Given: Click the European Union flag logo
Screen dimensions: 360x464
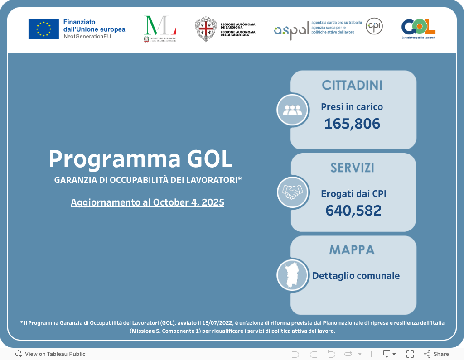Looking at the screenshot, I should pos(43,29).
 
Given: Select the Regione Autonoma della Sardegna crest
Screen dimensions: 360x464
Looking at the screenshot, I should pos(206,29).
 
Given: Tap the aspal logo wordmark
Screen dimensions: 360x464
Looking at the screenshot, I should pos(291,30).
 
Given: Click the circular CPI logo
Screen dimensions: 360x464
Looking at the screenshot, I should pos(374,26).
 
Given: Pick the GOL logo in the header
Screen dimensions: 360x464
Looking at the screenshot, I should pos(418,27).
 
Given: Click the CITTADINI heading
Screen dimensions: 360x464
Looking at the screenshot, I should pos(352,85).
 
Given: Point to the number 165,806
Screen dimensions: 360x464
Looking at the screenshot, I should pos(352,124).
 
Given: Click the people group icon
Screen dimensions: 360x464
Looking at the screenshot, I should pos(292,110).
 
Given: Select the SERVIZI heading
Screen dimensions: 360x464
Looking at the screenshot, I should pos(352,168).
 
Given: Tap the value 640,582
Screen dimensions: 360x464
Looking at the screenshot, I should pos(353,211).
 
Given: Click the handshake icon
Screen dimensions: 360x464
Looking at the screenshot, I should pos(292,192).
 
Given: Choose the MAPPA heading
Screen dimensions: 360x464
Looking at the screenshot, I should pos(352,250).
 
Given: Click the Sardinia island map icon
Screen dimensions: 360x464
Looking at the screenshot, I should pos(292,275).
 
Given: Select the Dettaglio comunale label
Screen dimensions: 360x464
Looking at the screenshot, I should pos(356,275).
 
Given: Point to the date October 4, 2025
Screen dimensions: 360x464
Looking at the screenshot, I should pos(188,202).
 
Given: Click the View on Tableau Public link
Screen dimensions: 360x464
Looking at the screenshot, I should pos(50,354).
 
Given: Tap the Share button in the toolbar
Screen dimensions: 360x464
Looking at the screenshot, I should pos(436,354).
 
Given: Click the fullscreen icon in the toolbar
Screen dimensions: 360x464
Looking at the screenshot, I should pos(410,354).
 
